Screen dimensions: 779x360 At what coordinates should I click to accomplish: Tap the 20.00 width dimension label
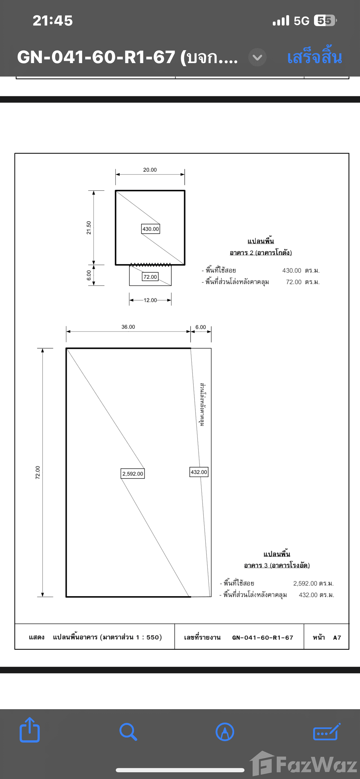[x=150, y=170]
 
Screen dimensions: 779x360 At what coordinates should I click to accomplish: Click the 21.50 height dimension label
[x=89, y=228]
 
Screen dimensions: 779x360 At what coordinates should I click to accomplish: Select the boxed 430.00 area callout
[x=151, y=229]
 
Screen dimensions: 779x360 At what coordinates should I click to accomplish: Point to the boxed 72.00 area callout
[x=150, y=277]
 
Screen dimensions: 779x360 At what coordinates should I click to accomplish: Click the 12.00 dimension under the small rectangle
[x=150, y=300]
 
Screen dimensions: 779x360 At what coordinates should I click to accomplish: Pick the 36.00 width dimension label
[x=128, y=327]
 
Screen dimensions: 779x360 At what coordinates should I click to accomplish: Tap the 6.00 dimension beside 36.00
[x=200, y=327]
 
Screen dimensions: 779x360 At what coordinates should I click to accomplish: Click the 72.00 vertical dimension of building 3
[x=38, y=472]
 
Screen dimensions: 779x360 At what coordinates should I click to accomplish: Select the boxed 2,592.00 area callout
[x=133, y=474]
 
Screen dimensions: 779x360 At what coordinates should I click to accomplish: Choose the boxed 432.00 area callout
[x=199, y=472]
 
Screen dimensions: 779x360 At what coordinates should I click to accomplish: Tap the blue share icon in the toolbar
[x=30, y=732]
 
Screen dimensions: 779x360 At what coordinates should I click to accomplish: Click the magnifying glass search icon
[x=128, y=732]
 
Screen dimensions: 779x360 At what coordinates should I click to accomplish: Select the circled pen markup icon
[x=225, y=732]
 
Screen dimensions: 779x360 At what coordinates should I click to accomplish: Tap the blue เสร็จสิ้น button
[x=314, y=57]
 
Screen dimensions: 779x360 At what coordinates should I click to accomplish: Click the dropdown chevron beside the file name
[x=257, y=57]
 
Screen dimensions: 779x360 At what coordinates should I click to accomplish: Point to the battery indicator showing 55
[x=325, y=20]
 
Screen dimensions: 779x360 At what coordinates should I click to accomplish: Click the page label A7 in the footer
[x=337, y=638]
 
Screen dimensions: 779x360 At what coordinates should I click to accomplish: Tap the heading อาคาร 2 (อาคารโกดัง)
[x=260, y=252]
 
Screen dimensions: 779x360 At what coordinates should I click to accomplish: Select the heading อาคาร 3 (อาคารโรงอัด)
[x=277, y=565]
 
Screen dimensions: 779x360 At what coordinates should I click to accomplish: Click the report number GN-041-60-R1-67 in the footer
[x=263, y=638]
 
